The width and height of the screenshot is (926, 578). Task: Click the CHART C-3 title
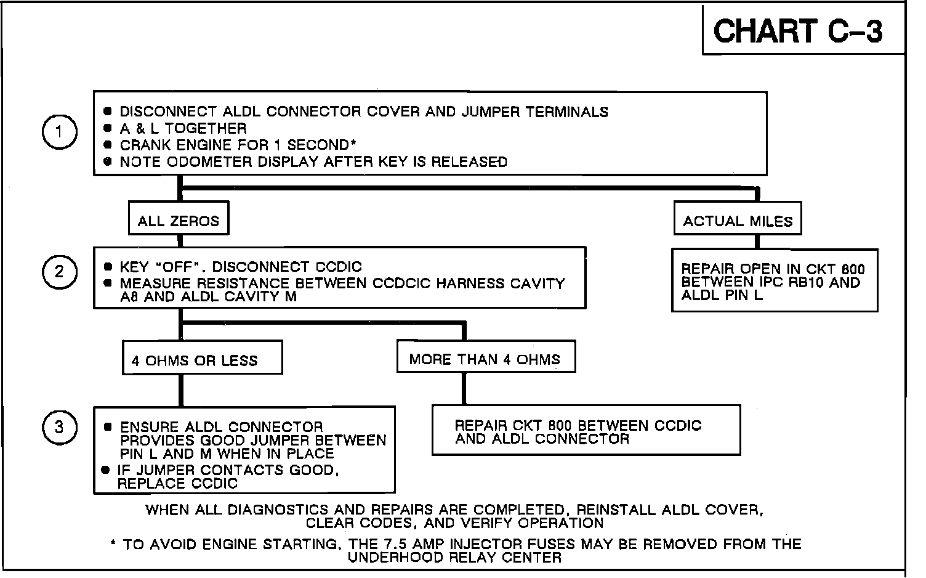click(798, 31)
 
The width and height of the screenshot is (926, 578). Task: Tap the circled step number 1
click(59, 132)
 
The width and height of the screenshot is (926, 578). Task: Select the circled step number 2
click(59, 272)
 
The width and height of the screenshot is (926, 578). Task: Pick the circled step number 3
click(59, 427)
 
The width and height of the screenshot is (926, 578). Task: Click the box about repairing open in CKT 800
click(774, 281)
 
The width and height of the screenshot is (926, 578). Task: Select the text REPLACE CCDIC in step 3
click(177, 484)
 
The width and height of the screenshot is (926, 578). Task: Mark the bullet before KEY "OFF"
click(108, 267)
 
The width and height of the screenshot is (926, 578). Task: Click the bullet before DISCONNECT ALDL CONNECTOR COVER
click(108, 112)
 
